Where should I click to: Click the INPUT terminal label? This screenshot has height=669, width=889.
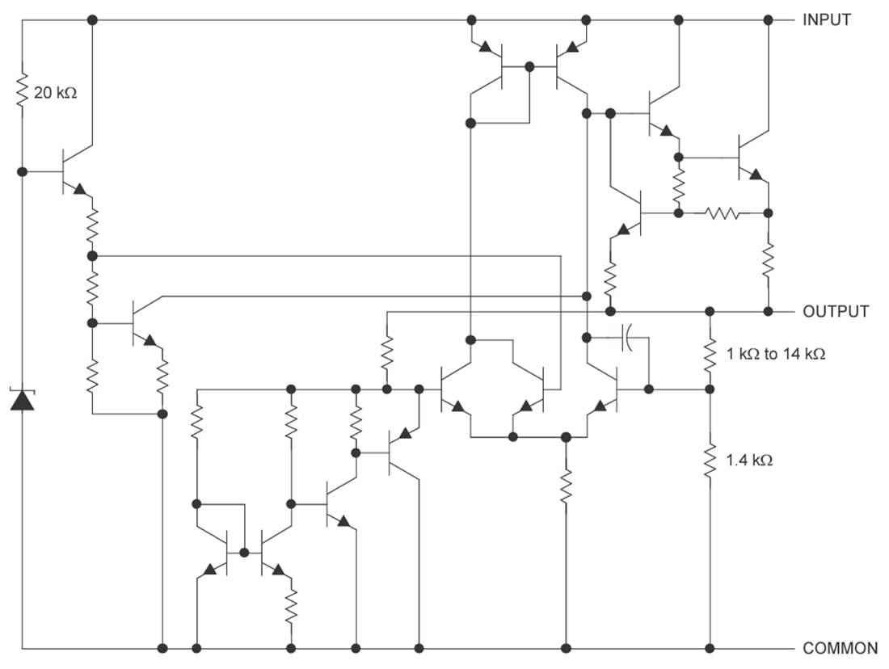[x=826, y=20]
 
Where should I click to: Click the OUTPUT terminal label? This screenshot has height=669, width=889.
[x=835, y=311]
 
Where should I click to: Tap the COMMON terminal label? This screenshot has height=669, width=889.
[x=840, y=648]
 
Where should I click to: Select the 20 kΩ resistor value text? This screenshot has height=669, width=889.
[x=55, y=93]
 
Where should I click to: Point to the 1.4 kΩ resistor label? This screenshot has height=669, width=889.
[x=749, y=461]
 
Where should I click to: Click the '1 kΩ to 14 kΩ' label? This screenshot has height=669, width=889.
[x=774, y=354]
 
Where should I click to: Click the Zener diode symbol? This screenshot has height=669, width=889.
[x=22, y=399]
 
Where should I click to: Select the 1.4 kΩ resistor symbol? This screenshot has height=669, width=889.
[x=710, y=461]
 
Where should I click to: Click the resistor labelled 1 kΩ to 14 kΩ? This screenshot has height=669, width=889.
[x=710, y=354]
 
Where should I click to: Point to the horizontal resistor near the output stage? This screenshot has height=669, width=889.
[x=722, y=213]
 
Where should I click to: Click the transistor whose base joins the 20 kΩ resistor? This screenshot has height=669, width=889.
[x=73, y=171]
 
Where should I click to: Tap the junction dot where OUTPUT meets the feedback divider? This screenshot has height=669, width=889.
[x=710, y=311]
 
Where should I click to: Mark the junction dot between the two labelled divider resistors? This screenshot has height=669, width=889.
[x=710, y=389]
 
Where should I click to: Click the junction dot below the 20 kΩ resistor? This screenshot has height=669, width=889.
[x=22, y=171]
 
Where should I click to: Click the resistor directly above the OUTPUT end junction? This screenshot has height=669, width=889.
[x=768, y=260]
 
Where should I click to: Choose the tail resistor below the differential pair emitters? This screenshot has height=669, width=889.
[x=566, y=485]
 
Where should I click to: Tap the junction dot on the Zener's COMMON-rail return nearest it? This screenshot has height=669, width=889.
[x=162, y=648]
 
